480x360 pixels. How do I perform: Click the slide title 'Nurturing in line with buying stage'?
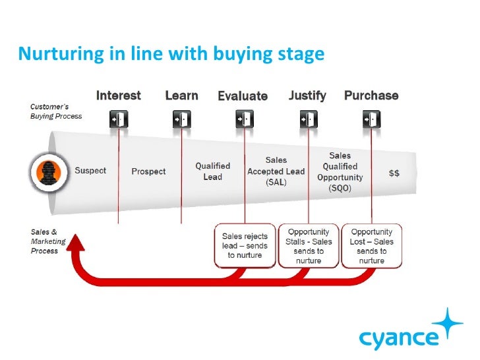tap(171, 53)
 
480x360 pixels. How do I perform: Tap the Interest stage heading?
tap(119, 96)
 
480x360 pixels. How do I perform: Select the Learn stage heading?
tap(181, 96)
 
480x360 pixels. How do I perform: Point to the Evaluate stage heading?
tap(243, 96)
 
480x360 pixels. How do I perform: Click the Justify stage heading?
tap(307, 96)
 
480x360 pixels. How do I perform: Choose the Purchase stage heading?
tap(371, 96)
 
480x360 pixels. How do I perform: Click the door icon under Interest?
tap(119, 119)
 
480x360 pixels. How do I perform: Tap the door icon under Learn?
tap(181, 119)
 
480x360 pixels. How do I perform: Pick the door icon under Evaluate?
tap(244, 119)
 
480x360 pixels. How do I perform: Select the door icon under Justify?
tap(307, 119)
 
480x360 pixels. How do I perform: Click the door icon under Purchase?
tap(370, 119)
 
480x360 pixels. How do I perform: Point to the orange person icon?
tap(47, 171)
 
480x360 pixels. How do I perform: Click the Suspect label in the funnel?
tap(90, 171)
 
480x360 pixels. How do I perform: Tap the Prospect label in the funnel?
tap(148, 171)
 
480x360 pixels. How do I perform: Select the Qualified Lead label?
tap(212, 171)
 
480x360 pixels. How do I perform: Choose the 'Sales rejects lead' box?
tap(245, 245)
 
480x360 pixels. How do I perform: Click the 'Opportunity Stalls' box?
tap(308, 245)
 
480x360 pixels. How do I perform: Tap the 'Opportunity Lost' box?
tap(371, 245)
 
